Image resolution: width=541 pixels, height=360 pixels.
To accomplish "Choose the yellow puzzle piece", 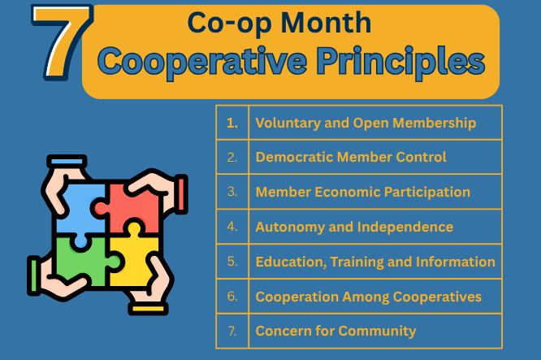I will (133, 260).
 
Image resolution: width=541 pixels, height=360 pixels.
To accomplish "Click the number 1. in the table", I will (232, 123).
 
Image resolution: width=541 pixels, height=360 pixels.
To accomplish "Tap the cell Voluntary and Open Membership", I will (366, 123).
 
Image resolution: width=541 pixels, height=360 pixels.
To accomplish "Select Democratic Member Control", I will (351, 157).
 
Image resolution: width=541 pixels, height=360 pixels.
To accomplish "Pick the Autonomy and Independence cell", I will (354, 227).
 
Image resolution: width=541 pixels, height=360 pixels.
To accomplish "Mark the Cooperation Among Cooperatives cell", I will (368, 297).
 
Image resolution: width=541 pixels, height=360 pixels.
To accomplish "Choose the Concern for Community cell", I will (335, 331).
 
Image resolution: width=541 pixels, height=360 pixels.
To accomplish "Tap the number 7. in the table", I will (232, 331).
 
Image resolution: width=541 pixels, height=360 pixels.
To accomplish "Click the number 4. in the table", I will (232, 227).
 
